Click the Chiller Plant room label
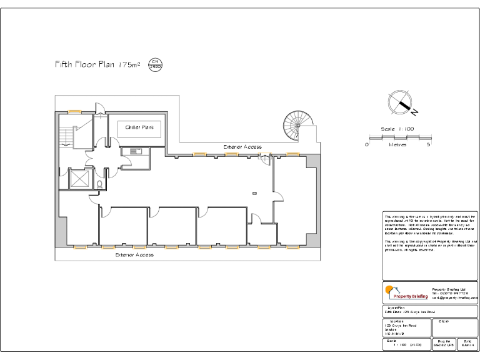(x=139, y=127)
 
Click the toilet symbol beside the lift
(x=101, y=184)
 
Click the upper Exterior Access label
(x=242, y=147)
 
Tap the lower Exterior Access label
(x=134, y=255)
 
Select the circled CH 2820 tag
(x=155, y=64)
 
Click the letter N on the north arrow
(x=414, y=112)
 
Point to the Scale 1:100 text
(x=397, y=129)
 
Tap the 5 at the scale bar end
(x=428, y=144)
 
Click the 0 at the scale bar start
(x=367, y=144)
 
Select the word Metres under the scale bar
(x=397, y=144)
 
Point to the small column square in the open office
(x=254, y=194)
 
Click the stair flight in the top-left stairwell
(x=67, y=134)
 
